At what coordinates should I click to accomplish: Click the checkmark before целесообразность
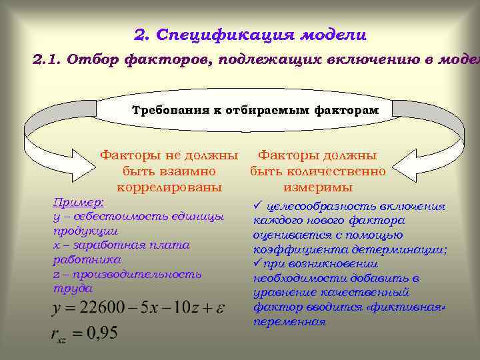point(257,207)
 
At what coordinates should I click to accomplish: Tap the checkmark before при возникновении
point(257,264)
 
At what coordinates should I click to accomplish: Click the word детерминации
point(406,249)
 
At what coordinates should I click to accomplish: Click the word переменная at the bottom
point(289,322)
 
